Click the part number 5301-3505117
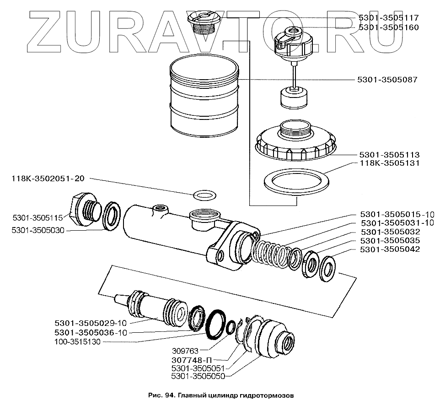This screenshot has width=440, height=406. (x=389, y=18)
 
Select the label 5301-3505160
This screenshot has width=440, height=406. (x=389, y=27)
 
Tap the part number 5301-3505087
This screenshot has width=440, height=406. (x=387, y=80)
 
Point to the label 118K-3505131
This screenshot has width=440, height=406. (x=390, y=163)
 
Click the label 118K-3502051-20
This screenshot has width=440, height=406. (x=48, y=179)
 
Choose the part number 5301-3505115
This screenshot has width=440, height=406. (x=38, y=218)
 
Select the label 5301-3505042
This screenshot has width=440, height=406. (x=390, y=249)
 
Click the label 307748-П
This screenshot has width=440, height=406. (x=191, y=360)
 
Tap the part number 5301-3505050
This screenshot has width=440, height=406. (x=198, y=376)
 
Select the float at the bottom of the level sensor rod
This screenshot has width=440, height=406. (x=294, y=98)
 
